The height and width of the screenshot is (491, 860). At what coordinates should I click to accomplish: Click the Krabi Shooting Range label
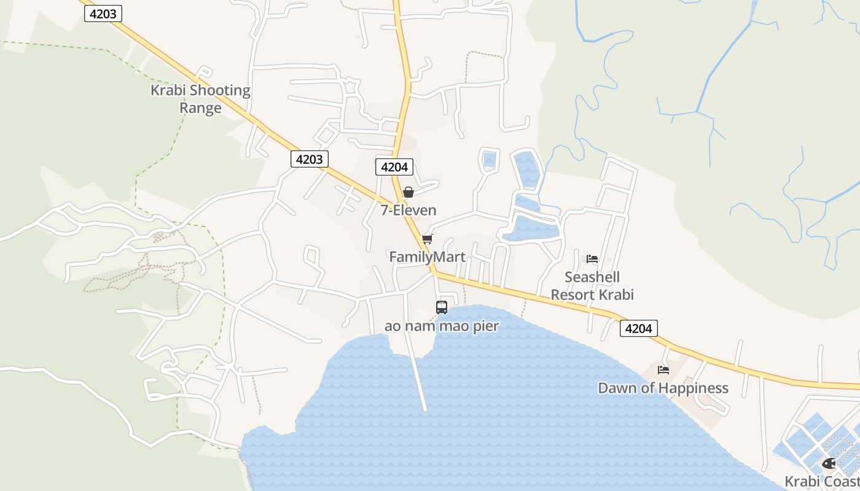[x=200, y=99]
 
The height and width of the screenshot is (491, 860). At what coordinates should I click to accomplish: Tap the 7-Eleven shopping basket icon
[x=408, y=193]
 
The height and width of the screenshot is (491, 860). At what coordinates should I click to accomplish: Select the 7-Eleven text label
[x=408, y=211]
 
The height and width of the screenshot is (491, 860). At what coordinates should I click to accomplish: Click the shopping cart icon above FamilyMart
[x=427, y=239]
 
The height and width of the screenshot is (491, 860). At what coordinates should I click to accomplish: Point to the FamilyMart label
[x=427, y=257]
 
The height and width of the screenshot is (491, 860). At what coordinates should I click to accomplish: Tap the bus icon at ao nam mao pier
[x=442, y=307]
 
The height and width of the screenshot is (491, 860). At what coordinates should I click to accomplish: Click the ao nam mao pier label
[x=442, y=326]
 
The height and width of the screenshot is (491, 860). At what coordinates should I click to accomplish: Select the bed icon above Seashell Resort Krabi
[x=592, y=259]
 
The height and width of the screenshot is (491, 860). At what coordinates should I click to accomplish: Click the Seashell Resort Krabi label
[x=592, y=286]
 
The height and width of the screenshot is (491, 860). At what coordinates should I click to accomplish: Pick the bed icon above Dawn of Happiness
[x=663, y=370]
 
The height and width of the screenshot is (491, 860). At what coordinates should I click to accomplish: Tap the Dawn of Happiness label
[x=663, y=388]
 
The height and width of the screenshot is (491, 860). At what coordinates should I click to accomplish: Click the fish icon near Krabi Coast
[x=828, y=463]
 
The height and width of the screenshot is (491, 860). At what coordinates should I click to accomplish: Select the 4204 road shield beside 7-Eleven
[x=394, y=167]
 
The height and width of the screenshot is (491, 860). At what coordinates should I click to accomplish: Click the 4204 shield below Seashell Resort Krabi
[x=638, y=328]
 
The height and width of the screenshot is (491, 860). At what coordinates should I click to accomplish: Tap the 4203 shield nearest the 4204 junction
[x=309, y=160]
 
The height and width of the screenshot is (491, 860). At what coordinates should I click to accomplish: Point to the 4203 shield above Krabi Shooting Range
[x=103, y=14]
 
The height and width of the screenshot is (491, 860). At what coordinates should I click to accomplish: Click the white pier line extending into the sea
[x=420, y=381]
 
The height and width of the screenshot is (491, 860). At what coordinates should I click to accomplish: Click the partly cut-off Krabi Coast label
[x=822, y=481]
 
